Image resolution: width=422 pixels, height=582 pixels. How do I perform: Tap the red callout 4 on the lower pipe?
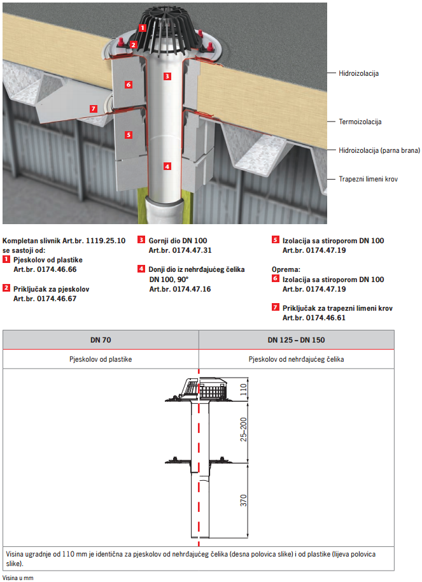coord(167,166)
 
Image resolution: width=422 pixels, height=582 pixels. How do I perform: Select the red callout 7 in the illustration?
coord(94,109)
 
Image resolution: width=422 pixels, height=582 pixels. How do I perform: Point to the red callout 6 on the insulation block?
coord(128,84)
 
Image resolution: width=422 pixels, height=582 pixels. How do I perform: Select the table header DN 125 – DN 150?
coord(296,340)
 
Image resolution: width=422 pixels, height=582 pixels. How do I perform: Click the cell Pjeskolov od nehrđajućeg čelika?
coord(296,359)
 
